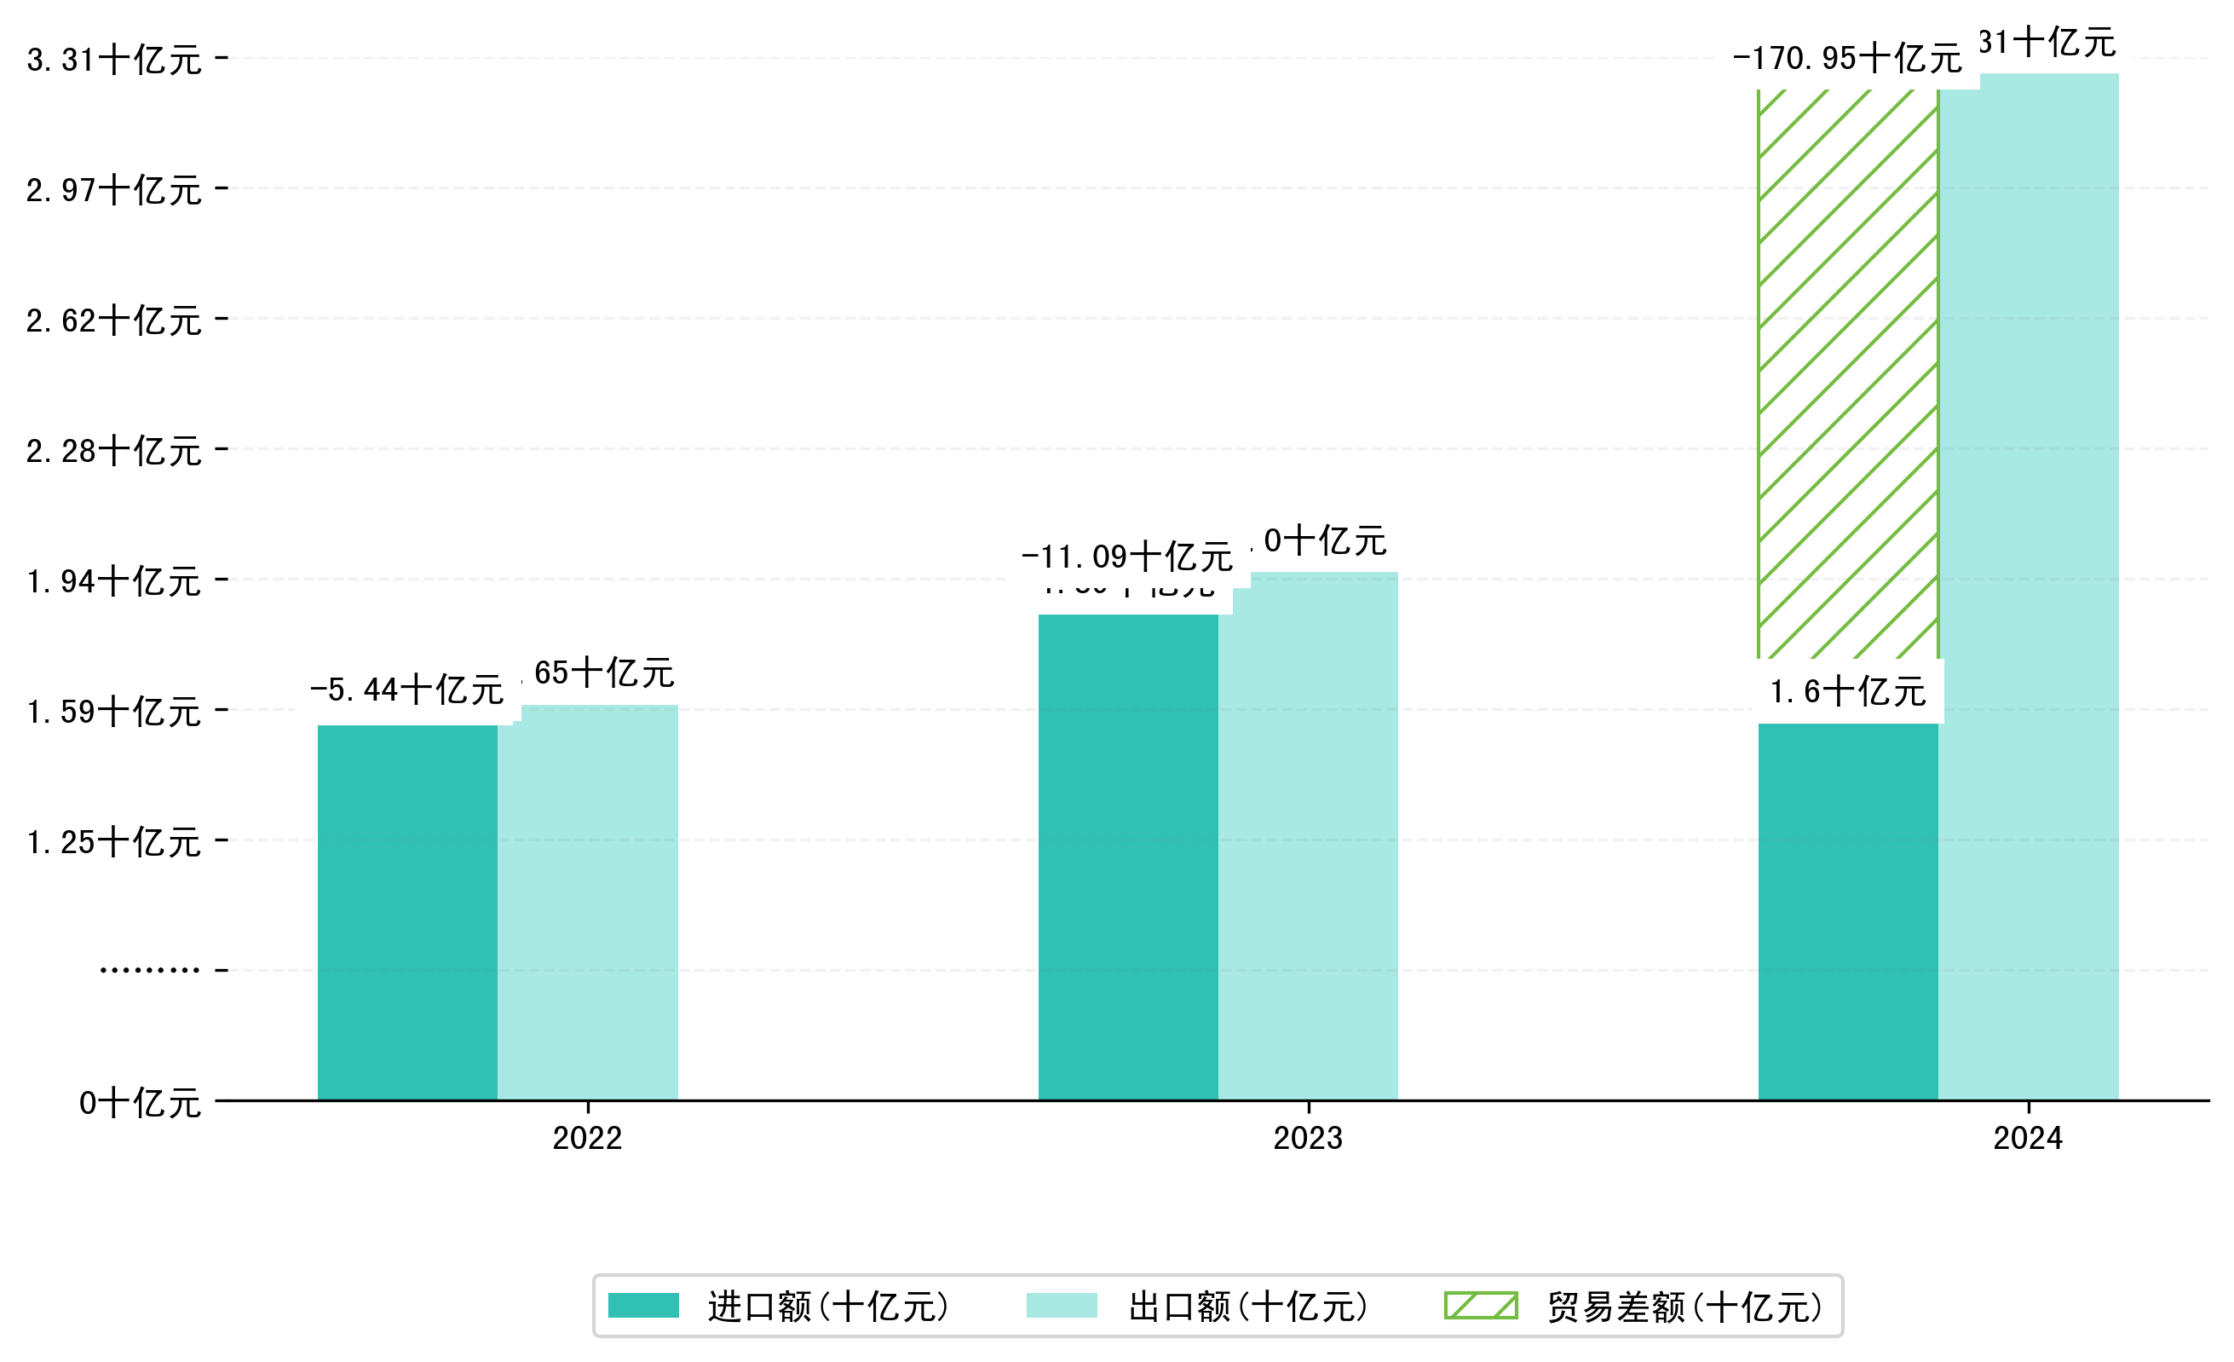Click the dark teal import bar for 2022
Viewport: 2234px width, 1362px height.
pos(407,911)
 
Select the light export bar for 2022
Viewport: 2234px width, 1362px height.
pos(588,903)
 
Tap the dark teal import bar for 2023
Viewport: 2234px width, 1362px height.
pos(1128,857)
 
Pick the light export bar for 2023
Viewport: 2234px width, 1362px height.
pos(1307,836)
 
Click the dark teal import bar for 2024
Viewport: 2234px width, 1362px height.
pos(1848,911)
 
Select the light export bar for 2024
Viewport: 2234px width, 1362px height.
pos(2028,586)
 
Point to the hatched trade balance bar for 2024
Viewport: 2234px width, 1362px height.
pos(1848,373)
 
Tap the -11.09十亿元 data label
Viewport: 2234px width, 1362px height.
pos(1127,557)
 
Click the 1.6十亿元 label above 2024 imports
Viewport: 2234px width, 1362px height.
pos(1848,693)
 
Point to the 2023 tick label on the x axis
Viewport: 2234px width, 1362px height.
pos(1307,1138)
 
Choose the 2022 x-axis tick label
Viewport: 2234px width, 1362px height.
pos(588,1138)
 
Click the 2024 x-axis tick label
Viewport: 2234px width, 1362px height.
pos(2027,1138)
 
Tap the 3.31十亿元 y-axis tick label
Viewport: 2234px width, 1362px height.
pos(114,61)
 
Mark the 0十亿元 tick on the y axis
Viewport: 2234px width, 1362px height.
pos(140,1104)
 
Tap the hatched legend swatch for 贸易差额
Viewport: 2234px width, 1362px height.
pos(1481,1306)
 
